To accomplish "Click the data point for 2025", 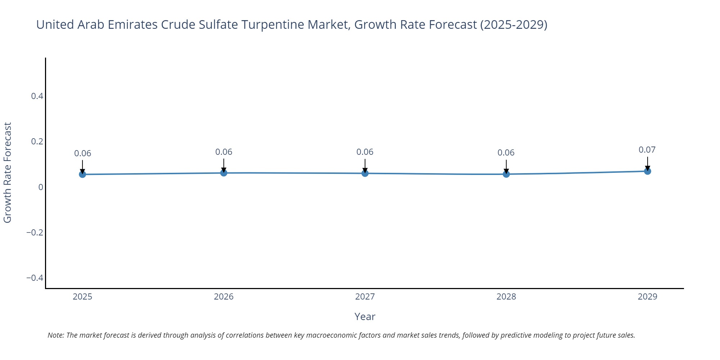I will tap(82, 174).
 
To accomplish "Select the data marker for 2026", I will tap(224, 173).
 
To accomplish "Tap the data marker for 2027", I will tap(365, 173).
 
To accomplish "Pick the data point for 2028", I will tap(506, 174).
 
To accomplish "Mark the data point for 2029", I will tap(647, 171).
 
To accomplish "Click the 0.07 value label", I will tap(647, 150).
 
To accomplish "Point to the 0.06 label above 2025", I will tap(82, 153).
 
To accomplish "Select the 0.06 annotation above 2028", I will tap(506, 153).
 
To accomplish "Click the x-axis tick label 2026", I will tap(224, 297).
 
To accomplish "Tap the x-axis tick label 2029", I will tap(647, 297).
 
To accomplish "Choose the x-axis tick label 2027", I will tap(365, 297).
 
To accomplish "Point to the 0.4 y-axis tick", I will tap(37, 96).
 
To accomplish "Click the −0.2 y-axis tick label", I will tap(35, 233).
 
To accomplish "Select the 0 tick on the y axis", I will tap(41, 187).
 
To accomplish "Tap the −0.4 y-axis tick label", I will tap(35, 278).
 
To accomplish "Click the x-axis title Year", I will tap(365, 317).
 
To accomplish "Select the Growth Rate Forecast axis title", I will tap(8, 173).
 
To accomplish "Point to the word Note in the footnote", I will tap(55, 335).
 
